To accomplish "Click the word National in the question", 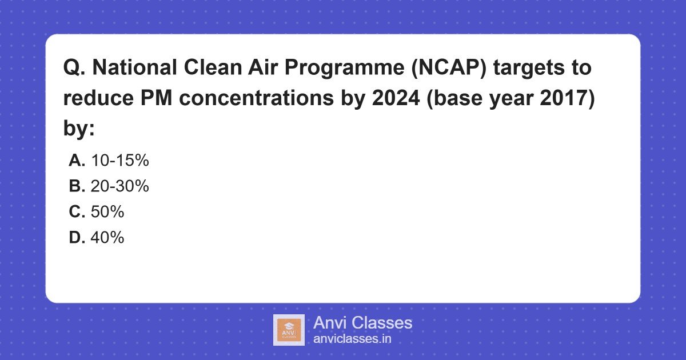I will click(x=133, y=69).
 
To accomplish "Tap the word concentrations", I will click(x=236, y=98).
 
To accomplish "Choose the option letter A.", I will click(x=77, y=161).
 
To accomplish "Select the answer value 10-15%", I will click(x=119, y=161).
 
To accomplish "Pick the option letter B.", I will click(x=77, y=186).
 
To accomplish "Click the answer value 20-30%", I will click(x=119, y=186).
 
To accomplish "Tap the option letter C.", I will click(x=77, y=211).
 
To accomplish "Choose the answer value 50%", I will click(x=107, y=211).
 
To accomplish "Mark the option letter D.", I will click(x=77, y=237).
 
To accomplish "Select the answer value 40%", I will click(x=107, y=237).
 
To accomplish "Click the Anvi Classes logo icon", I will click(x=289, y=330).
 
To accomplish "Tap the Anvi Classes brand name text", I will click(x=362, y=323).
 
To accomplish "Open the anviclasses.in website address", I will click(x=352, y=338).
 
